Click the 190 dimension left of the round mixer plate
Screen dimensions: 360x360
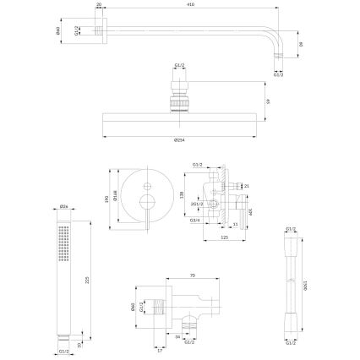click(106, 199)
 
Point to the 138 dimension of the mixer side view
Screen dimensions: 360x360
click(181, 194)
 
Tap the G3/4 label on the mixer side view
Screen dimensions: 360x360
click(194, 221)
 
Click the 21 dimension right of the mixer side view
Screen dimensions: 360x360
click(247, 184)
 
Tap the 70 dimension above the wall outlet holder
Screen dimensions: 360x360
click(192, 275)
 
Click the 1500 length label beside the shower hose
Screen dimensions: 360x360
click(308, 287)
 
